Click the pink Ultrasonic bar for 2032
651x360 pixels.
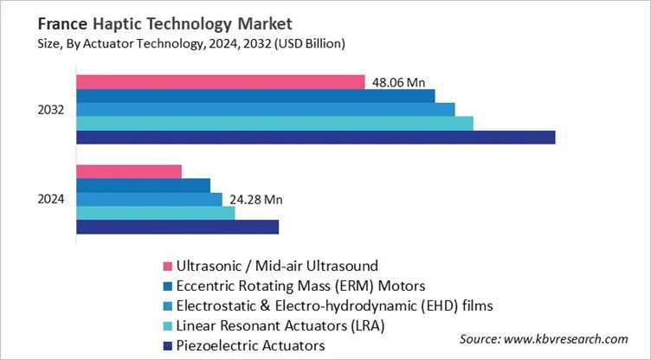coord(220,81)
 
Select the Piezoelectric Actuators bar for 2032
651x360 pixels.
coord(315,137)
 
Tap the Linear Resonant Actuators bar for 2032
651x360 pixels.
coord(274,123)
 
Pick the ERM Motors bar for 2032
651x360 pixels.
coord(255,95)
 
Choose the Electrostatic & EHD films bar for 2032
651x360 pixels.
coord(265,109)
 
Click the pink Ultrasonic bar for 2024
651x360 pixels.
coord(129,171)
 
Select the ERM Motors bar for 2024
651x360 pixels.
coord(143,185)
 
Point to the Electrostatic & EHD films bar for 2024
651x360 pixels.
coord(149,199)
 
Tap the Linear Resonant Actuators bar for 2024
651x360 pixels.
coord(156,213)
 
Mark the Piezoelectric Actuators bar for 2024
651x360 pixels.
coord(177,227)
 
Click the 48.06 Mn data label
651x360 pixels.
coord(398,82)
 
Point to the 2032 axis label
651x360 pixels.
coord(50,109)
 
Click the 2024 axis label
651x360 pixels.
coord(50,199)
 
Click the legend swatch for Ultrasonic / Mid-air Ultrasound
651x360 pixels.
coord(167,265)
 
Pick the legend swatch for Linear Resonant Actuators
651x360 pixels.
coord(167,326)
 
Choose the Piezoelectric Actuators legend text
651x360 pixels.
coord(250,345)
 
